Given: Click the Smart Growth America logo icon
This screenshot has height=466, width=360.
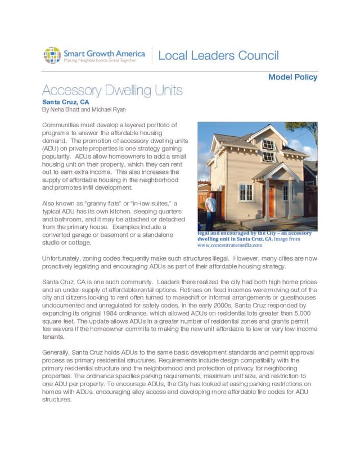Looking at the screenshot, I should pos(52,55).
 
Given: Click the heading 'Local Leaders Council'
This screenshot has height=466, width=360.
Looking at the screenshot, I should pos(218,56).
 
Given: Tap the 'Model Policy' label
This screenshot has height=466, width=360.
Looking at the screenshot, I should pos(292,77).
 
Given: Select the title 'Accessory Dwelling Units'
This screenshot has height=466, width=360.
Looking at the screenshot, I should pos(112,91).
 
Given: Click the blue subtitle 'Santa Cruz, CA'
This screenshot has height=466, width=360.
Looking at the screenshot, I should pos(65,102).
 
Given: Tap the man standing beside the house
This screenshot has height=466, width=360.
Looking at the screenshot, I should pos(211,208).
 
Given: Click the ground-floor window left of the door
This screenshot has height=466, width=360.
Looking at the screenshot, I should pos(246,192).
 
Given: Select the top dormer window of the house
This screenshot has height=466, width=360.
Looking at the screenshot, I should pos(268,145).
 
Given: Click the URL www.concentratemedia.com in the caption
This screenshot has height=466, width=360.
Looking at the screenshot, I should pos(229,246).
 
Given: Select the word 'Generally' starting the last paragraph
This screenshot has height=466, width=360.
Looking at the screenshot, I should pos(57,352).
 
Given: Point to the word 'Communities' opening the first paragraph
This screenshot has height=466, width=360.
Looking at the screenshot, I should pos(62,124).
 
